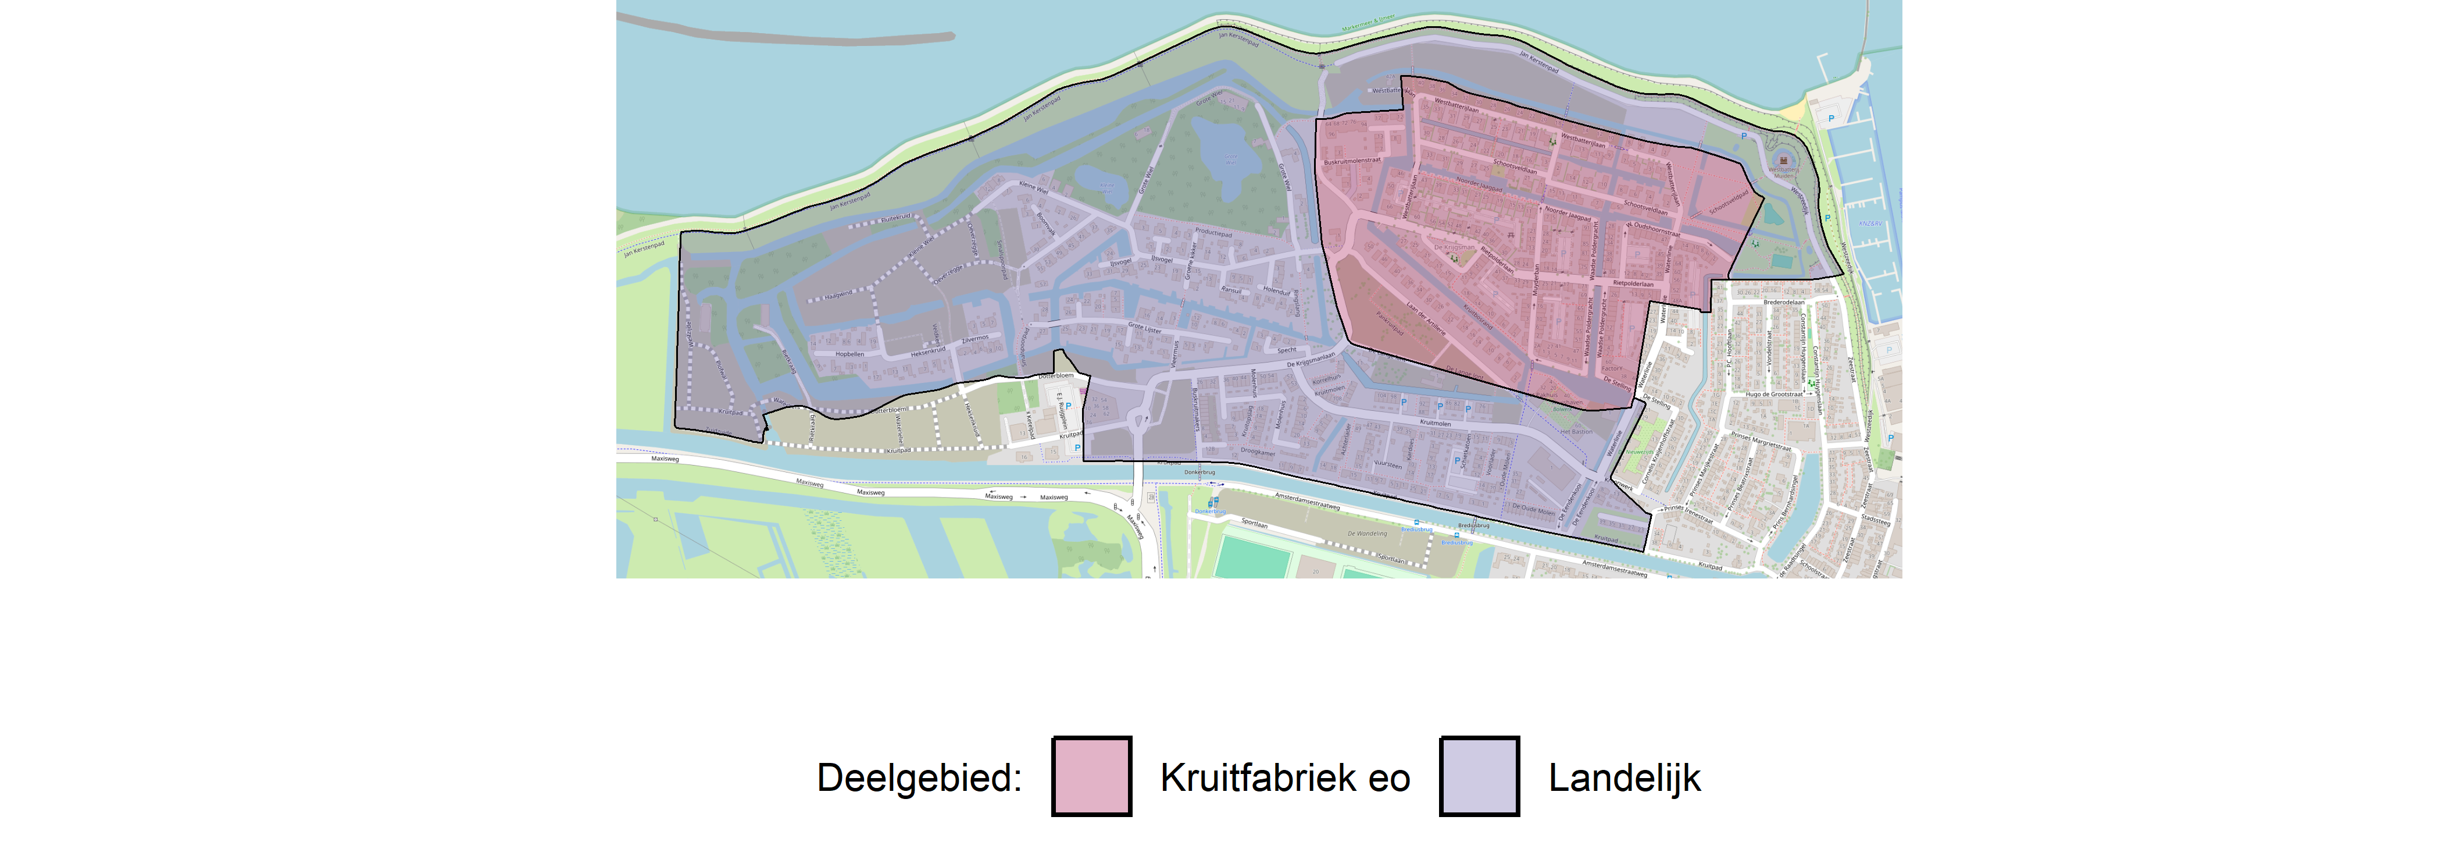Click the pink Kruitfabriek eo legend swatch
tap(1091, 776)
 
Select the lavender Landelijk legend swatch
tap(1479, 776)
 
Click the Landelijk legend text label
tap(1624, 777)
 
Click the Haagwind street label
tap(838, 295)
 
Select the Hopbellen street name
tap(849, 354)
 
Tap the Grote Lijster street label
tap(1144, 328)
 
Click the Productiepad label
tap(1213, 232)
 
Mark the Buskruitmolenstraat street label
tap(1352, 161)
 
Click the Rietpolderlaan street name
tap(1633, 283)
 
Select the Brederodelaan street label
tap(1783, 303)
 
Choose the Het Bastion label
tap(1576, 431)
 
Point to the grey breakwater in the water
tap(787, 36)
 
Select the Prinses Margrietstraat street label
tap(1761, 441)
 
